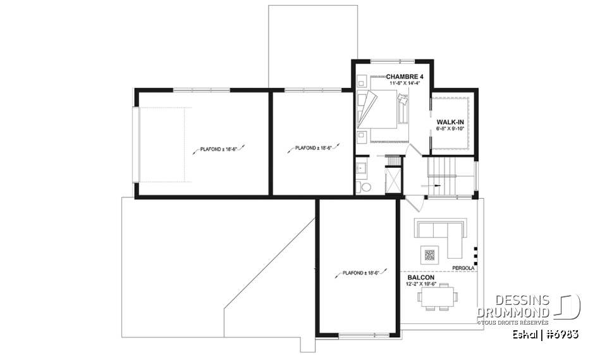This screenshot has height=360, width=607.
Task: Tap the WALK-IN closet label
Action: point(450,121)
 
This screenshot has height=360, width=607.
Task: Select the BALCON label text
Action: point(420,277)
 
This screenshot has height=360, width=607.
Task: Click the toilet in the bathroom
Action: point(365,188)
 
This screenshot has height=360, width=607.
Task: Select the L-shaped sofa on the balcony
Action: point(443,234)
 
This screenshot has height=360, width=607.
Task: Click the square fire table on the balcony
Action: point(430,256)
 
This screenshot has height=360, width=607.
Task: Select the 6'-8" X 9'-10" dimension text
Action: point(450,128)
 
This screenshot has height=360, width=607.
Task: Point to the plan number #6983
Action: point(563,333)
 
